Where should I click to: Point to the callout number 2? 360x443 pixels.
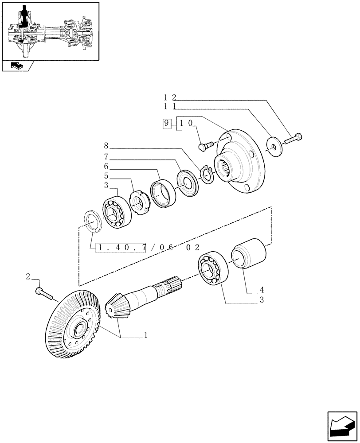point(28,277)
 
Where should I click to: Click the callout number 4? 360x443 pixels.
point(262,290)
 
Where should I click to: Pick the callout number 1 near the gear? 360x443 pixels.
point(145,336)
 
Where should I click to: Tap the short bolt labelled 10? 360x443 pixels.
point(207,144)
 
